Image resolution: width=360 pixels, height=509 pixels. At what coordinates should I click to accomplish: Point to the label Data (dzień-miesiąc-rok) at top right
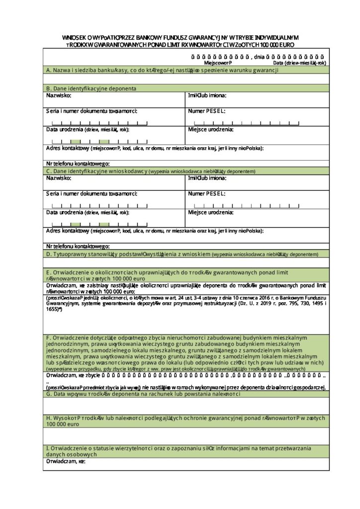click(x=299, y=63)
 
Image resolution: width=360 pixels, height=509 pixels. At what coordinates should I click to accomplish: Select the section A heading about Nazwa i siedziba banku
click(x=161, y=71)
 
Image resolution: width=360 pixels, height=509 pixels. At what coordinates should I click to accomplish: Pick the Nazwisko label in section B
click(x=59, y=94)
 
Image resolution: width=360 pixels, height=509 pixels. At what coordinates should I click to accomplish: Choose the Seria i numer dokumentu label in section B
click(x=91, y=111)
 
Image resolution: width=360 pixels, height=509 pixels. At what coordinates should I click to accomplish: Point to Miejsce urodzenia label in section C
click(x=211, y=212)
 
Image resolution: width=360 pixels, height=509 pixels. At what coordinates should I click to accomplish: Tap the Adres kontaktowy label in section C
click(x=68, y=231)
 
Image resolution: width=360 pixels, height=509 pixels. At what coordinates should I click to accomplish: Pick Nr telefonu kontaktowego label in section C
click(x=78, y=246)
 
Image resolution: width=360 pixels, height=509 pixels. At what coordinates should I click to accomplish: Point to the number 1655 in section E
click(x=53, y=309)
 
